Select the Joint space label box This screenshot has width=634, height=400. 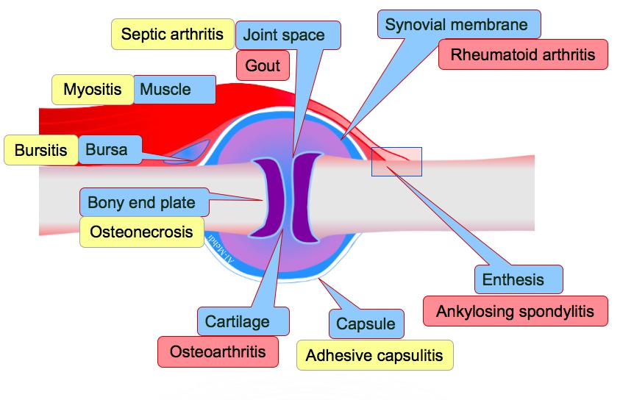coord(283,35)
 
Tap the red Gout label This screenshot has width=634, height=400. coord(263,66)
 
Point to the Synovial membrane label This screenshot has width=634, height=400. coord(457,24)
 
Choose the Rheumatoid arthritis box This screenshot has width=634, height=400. coord(523,55)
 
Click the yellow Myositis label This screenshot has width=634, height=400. coord(92,90)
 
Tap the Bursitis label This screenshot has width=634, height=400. coord(40,151)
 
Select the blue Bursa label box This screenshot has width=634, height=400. coord(107,150)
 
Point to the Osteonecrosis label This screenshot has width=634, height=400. coord(141,232)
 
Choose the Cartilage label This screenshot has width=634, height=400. coord(237,321)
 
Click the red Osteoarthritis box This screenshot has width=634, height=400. coord(218,351)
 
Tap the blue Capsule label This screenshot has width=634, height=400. coord(366,324)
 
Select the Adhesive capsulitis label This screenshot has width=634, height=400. coord(374,356)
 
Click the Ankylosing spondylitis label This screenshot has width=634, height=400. coord(515,311)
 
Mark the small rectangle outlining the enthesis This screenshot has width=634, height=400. coord(396,162)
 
